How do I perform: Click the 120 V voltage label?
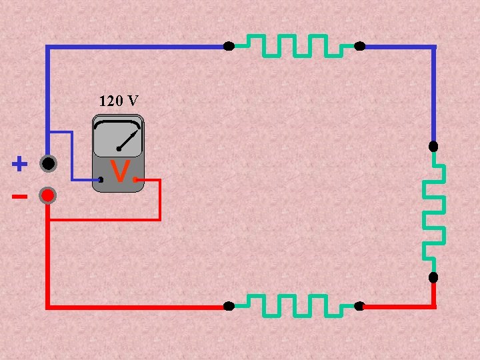[119, 101]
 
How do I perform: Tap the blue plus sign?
[20, 164]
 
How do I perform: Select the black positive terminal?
[48, 163]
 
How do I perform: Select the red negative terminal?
[48, 196]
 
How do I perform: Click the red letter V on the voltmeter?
[119, 172]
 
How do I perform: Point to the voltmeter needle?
[128, 139]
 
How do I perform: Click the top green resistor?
[294, 45]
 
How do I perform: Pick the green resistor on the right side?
[434, 211]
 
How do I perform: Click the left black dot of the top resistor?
[229, 47]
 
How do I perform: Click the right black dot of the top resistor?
[359, 47]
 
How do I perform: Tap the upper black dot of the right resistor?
[433, 146]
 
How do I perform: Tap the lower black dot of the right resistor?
[433, 277]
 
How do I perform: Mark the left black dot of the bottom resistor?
[229, 307]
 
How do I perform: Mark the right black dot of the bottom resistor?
[359, 307]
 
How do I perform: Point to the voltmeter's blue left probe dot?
[101, 180]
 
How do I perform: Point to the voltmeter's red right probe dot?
[135, 180]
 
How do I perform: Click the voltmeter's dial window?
[117, 137]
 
